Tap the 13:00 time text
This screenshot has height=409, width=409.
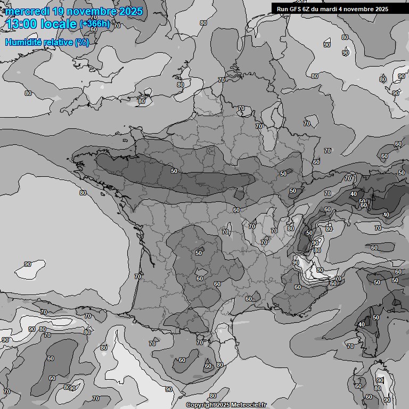(x=21, y=24)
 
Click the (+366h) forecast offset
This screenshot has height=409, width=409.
(x=95, y=24)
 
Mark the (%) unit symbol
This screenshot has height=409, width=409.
(x=81, y=42)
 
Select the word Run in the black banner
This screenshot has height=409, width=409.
(x=283, y=9)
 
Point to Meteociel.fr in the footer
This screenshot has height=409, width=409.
(x=249, y=405)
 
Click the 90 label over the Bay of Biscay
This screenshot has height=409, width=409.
(x=28, y=264)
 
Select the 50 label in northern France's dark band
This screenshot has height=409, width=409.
(x=174, y=171)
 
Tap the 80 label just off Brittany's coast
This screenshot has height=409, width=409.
(x=83, y=193)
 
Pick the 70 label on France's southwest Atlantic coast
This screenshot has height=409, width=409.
(x=138, y=276)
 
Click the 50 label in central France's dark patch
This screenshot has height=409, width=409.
(x=199, y=253)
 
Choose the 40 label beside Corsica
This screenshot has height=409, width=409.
(x=362, y=324)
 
